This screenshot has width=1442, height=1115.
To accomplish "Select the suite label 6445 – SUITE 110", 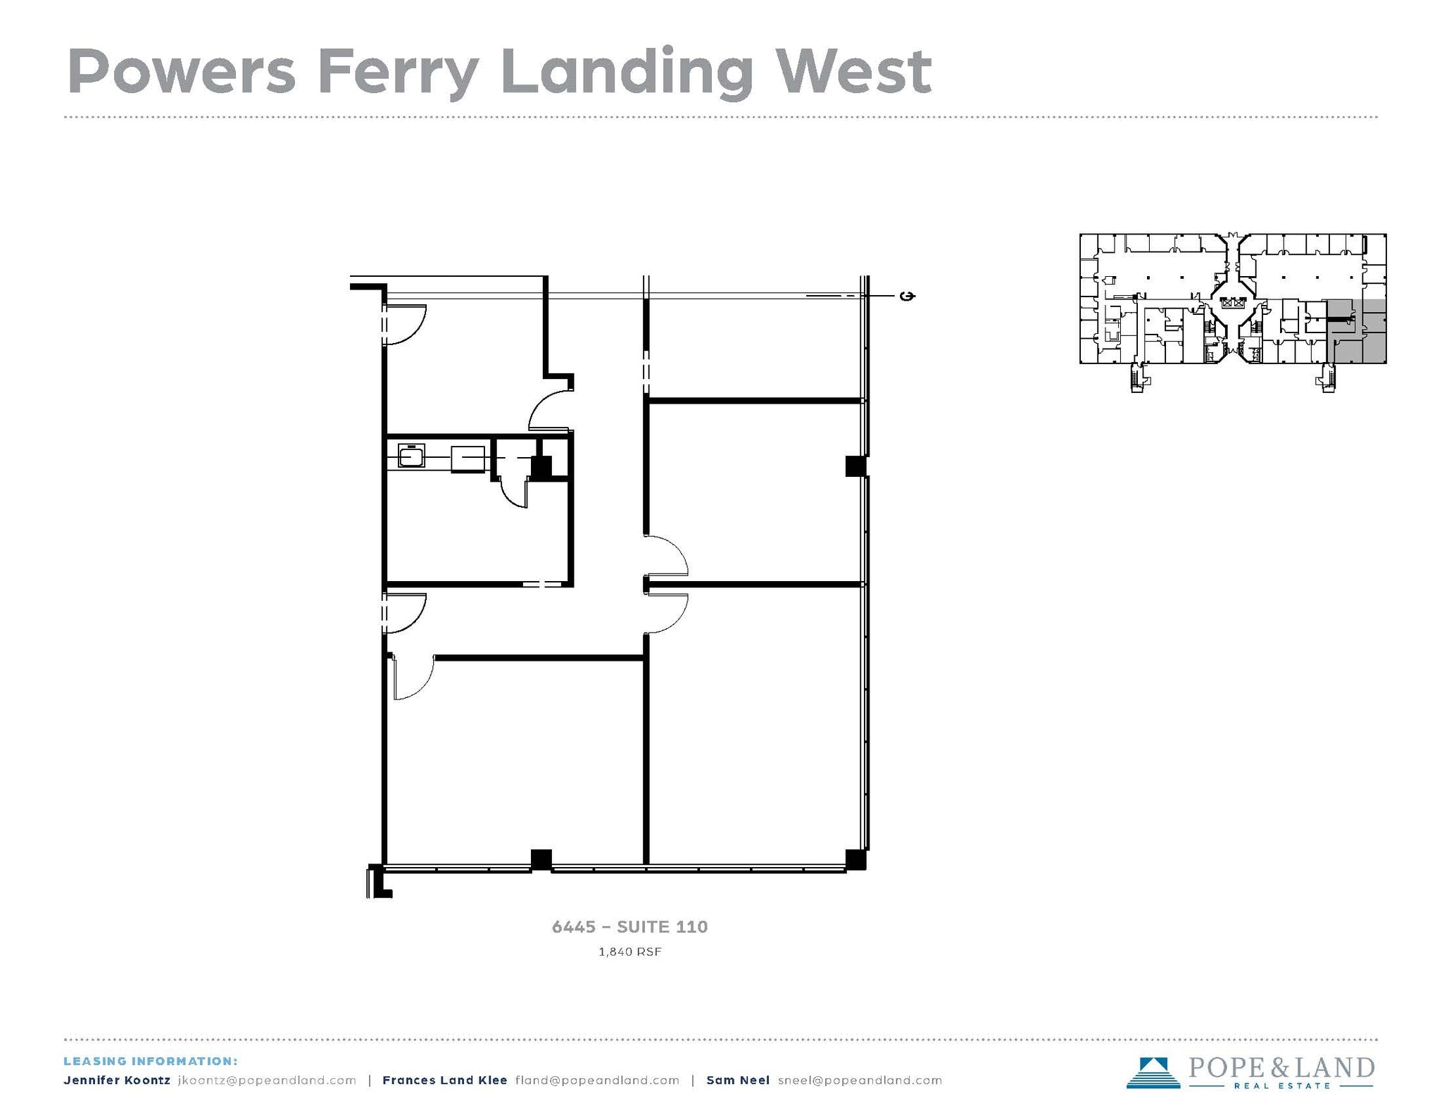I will (x=629, y=926).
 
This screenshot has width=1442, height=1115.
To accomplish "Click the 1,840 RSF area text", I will (x=629, y=952).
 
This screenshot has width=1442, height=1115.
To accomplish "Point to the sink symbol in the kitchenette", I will (x=410, y=456).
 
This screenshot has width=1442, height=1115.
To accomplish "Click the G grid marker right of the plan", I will (x=908, y=296).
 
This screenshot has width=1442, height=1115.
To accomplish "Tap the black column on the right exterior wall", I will (x=855, y=466).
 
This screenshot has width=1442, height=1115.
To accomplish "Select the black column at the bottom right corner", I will (x=855, y=859).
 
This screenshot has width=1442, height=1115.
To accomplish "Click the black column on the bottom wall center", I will (x=541, y=859).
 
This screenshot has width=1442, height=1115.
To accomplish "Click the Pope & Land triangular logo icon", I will (x=1153, y=1073).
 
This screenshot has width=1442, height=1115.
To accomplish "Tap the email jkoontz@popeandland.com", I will (x=267, y=1080).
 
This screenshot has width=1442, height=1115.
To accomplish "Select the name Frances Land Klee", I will (x=444, y=1080).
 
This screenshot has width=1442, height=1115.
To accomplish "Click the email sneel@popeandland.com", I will (x=860, y=1080).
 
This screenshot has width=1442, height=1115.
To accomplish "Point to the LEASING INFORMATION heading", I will (x=151, y=1061).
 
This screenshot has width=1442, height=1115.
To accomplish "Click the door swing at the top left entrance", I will (x=406, y=324).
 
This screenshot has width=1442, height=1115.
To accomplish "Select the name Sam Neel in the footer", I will (x=737, y=1080).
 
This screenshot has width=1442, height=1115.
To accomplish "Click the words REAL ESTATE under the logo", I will (x=1281, y=1086).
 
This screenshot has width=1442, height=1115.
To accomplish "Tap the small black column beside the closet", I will (x=541, y=468).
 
